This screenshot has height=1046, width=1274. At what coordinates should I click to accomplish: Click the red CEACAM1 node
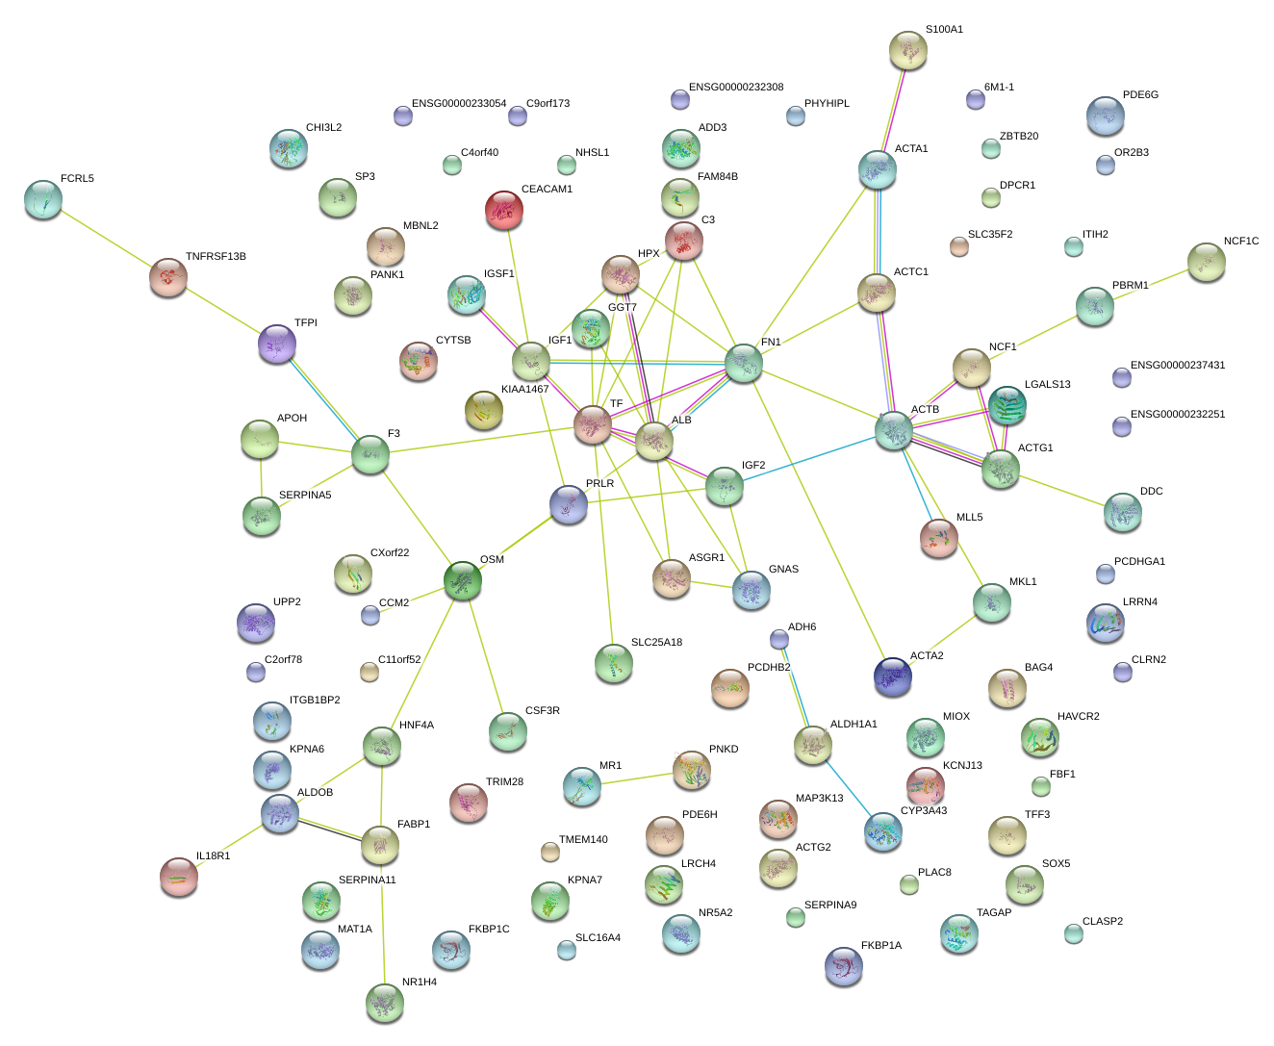click(x=504, y=210)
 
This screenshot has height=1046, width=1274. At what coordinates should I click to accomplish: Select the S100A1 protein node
click(x=907, y=50)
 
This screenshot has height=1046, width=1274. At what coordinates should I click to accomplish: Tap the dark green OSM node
click(x=463, y=580)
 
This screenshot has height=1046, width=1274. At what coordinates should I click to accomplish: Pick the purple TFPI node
click(x=277, y=344)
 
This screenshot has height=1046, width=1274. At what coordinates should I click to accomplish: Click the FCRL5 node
click(x=42, y=198)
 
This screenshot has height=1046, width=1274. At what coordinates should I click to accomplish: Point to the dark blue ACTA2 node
click(x=893, y=676)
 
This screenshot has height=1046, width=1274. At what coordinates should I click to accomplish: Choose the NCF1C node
click(x=1206, y=262)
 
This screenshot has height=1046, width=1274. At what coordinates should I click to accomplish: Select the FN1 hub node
click(x=743, y=363)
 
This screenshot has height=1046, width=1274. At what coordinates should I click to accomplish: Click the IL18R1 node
click(x=179, y=876)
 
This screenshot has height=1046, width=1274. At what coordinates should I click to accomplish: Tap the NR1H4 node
click(x=385, y=1003)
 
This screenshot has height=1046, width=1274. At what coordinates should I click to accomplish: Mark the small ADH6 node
click(x=779, y=639)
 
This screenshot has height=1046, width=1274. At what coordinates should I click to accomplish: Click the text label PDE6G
click(x=1140, y=95)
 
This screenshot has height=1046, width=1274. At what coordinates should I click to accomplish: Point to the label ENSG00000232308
click(x=736, y=88)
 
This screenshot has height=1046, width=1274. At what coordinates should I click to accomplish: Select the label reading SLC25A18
click(x=656, y=643)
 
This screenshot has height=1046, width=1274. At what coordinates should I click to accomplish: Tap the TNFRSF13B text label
click(x=216, y=257)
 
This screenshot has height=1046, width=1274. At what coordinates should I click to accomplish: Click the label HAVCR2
click(x=1078, y=717)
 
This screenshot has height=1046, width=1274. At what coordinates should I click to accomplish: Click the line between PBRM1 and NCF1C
click(x=1150, y=284)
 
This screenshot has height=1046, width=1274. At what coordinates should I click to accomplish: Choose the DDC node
click(x=1122, y=512)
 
